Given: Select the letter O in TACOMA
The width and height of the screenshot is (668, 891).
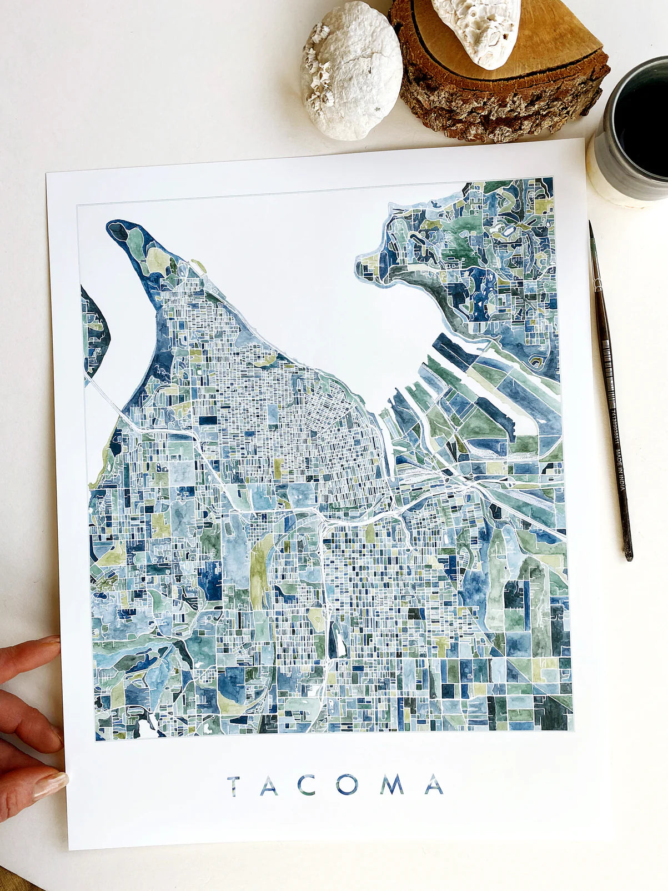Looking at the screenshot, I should (346, 785).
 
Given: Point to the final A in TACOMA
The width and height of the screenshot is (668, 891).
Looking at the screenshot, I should (434, 785).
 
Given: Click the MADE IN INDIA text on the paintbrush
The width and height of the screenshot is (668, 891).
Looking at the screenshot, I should (621, 470).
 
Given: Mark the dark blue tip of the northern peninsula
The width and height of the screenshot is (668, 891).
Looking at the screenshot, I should (118, 231).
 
